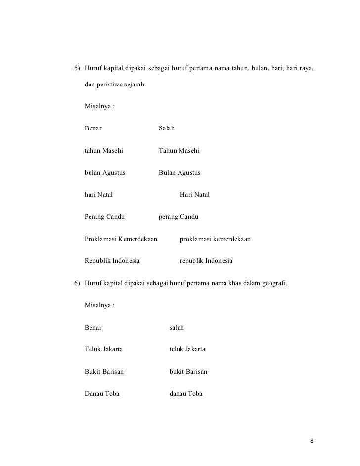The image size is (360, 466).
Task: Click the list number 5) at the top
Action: coord(77,68)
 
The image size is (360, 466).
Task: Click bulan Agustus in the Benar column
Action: coord(105,173)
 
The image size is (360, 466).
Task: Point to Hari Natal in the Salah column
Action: coord(195,195)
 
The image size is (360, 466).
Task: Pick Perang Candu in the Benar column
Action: coord(104,216)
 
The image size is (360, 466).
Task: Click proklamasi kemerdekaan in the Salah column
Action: coord(215,239)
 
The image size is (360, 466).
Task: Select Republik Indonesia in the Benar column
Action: coord(112,260)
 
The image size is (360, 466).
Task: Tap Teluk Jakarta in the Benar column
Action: coord(104,349)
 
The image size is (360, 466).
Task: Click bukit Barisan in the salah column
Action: coord(188,372)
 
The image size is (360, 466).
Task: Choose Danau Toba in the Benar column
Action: coord(102,394)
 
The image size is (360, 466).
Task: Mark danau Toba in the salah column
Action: coord(186,394)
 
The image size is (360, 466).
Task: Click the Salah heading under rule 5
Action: coord(167,128)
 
